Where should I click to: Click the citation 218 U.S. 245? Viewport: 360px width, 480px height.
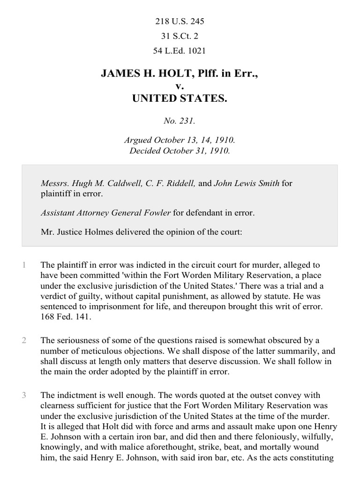point(180,22)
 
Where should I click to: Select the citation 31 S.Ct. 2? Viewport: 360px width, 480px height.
point(180,36)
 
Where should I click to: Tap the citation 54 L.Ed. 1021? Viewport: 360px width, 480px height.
point(180,50)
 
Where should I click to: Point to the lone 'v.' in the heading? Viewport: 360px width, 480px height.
point(180,86)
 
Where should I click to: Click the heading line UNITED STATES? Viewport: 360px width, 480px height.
point(180,98)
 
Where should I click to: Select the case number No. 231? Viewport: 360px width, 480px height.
point(180,121)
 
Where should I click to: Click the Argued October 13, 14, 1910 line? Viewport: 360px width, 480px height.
point(180,140)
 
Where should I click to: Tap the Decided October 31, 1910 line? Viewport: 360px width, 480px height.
point(180,150)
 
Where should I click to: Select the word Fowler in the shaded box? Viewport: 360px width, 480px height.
point(155,212)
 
